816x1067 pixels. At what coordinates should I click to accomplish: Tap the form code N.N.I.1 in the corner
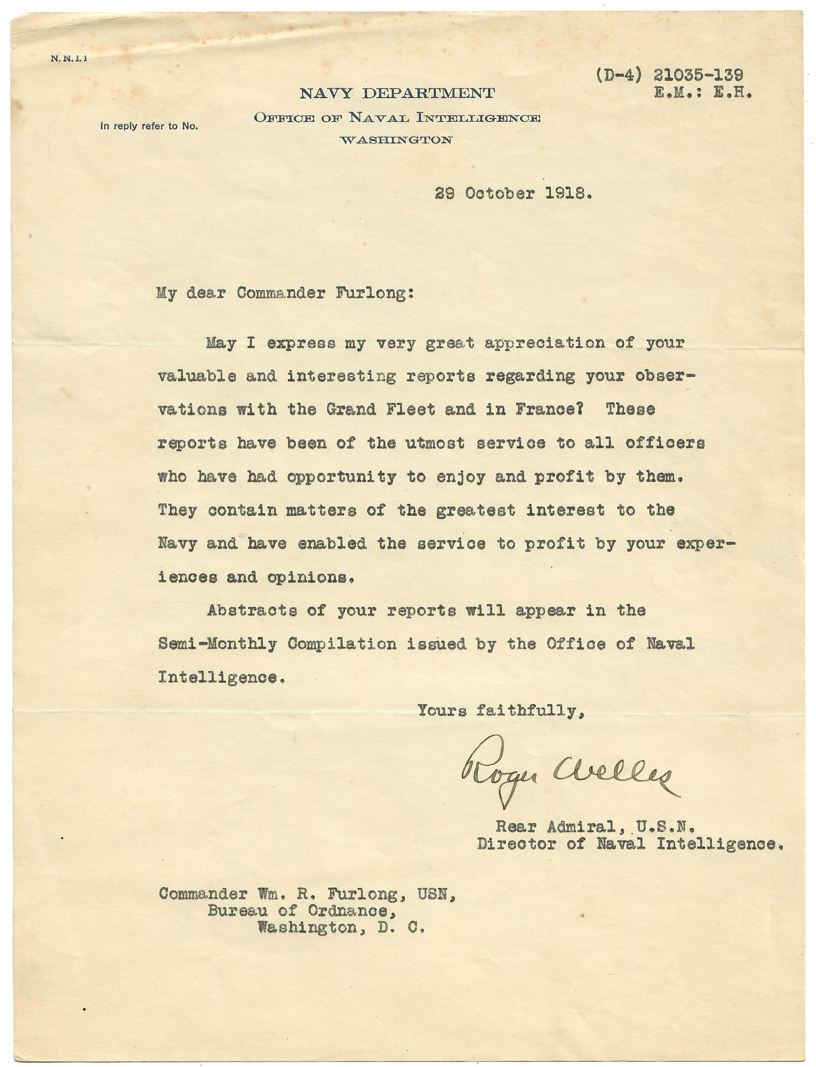point(68,59)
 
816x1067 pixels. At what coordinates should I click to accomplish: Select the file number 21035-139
point(698,75)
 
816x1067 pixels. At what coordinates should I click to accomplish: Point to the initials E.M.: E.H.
point(703,93)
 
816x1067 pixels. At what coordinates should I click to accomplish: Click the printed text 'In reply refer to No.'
point(149,126)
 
